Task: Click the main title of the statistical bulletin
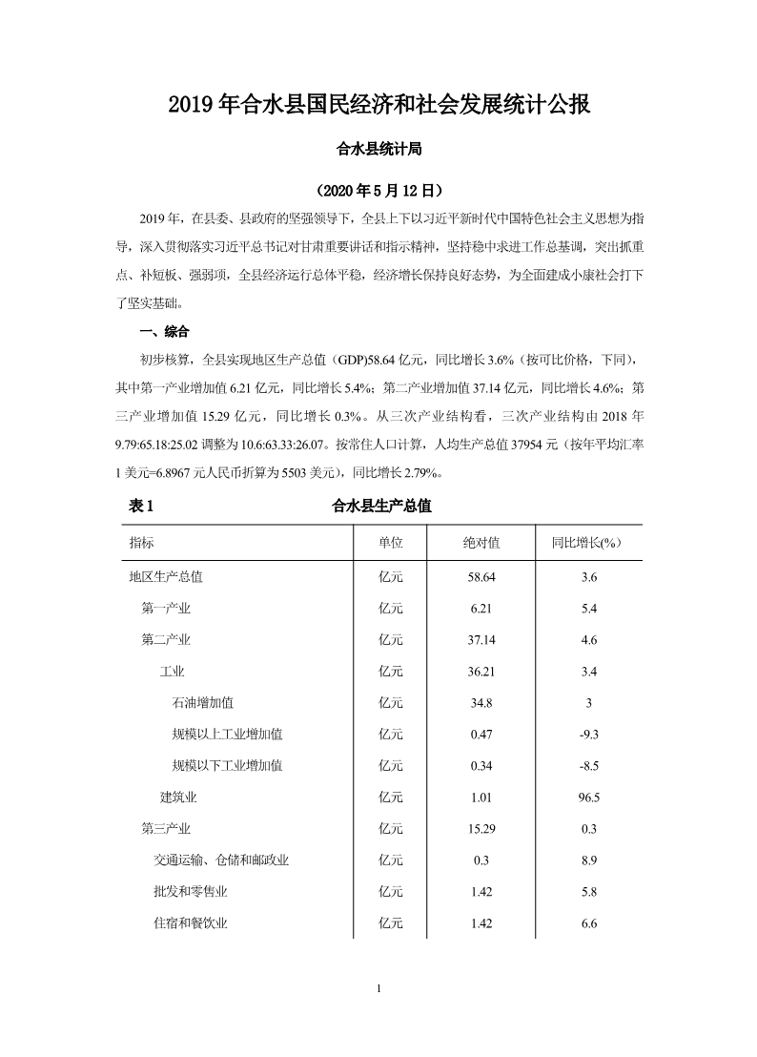point(378,104)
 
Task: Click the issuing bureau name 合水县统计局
point(378,149)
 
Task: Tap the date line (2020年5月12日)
point(378,190)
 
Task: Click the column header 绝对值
point(481,542)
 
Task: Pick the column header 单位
point(391,542)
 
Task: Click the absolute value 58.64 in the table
point(481,577)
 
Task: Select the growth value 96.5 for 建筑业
point(588,798)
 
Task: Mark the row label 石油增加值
point(202,703)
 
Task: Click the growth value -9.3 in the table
point(588,735)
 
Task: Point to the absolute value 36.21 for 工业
point(481,672)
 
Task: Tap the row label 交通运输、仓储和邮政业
point(221,860)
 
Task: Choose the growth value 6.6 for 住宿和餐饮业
point(588,923)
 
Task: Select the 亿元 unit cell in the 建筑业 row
point(391,798)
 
